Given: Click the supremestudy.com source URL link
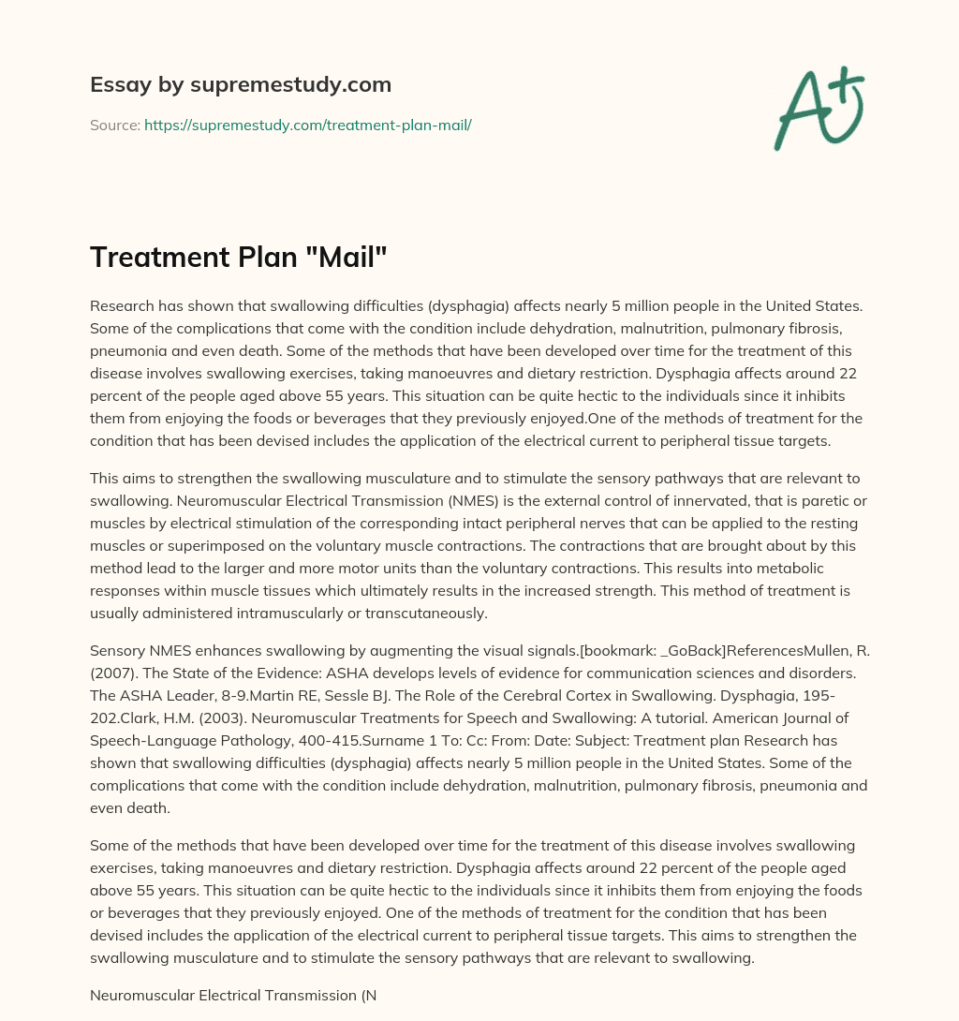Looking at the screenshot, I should coord(307,125).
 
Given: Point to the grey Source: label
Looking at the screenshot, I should coord(115,125).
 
